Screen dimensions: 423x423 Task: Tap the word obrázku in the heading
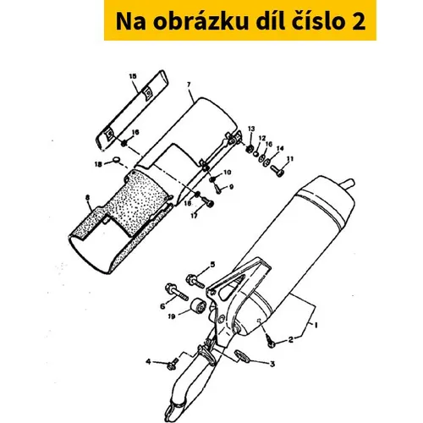pyautogui.click(x=201, y=21)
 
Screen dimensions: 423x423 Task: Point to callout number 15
pyautogui.click(x=133, y=76)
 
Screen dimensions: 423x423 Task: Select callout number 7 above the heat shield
pyautogui.click(x=189, y=85)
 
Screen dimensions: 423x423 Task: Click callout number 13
pyautogui.click(x=251, y=129)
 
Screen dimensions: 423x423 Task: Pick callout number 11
pyautogui.click(x=290, y=159)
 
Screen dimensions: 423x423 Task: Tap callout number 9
pyautogui.click(x=232, y=187)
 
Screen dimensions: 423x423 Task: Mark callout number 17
pyautogui.click(x=194, y=216)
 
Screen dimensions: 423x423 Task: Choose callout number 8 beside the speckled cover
pyautogui.click(x=88, y=198)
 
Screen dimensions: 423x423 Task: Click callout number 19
pyautogui.click(x=172, y=316)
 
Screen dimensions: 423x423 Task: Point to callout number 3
pyautogui.click(x=272, y=364)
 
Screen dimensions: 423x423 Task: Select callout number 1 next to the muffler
pyautogui.click(x=316, y=325)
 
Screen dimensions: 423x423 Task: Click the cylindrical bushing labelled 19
pyautogui.click(x=198, y=306)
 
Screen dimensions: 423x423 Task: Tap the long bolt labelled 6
pyautogui.click(x=176, y=292)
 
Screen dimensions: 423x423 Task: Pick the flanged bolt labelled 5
pyautogui.click(x=195, y=280)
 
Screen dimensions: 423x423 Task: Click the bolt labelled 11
pyautogui.click(x=277, y=170)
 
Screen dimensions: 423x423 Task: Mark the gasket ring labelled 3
pyautogui.click(x=241, y=356)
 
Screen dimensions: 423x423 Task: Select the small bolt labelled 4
pyautogui.click(x=172, y=364)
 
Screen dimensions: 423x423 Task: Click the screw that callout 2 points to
pyautogui.click(x=270, y=342)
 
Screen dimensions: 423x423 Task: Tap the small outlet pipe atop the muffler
pyautogui.click(x=348, y=185)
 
